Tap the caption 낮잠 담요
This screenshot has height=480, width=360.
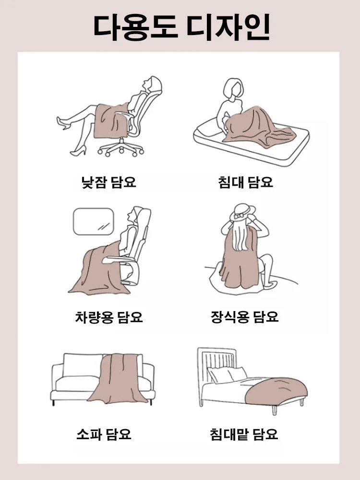point(109,182)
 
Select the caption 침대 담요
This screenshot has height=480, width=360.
point(245,182)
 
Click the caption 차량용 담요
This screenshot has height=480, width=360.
point(109,317)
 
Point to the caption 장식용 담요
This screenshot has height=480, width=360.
point(245,317)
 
